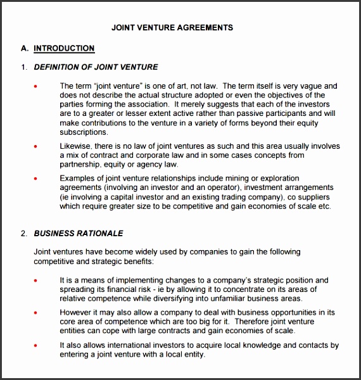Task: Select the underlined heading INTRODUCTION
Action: tap(64, 48)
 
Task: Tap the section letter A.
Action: tap(25, 48)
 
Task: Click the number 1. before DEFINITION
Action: tap(24, 67)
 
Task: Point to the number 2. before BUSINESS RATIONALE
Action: tap(24, 234)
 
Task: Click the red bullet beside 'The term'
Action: tap(35, 86)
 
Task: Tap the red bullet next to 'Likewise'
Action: tap(35, 146)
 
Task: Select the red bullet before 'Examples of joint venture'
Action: tap(35, 179)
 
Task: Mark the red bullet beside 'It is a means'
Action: tap(35, 280)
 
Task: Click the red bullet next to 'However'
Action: tap(35, 312)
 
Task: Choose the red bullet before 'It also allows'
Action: tap(35, 345)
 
